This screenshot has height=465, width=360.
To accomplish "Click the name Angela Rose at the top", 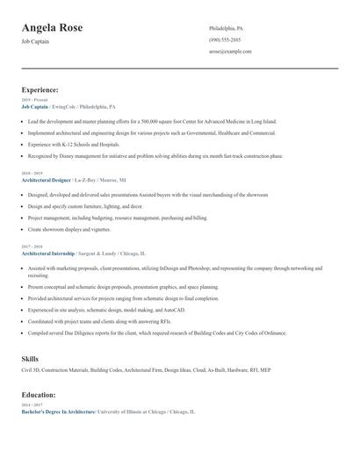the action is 53,28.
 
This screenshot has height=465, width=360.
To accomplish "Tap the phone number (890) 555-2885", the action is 225,39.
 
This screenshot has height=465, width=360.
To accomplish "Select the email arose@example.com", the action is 230,51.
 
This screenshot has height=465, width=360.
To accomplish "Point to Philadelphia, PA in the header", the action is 227,28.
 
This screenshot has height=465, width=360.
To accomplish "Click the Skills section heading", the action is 30,359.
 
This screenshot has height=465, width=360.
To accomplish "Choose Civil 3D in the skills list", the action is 32,371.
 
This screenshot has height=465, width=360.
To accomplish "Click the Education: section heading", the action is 39,395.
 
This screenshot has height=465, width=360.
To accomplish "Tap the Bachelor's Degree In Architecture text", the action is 58,411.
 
